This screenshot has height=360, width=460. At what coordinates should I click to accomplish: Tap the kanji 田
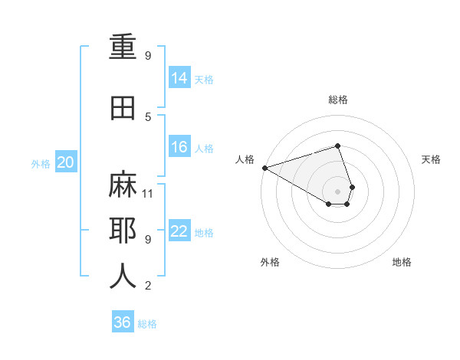point(123,109)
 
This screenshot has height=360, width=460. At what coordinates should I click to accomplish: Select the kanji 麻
point(123,185)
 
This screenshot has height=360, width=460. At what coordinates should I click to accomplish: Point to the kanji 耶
point(123,231)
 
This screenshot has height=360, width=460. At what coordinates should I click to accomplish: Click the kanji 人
point(123,276)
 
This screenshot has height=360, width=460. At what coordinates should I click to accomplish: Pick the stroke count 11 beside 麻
point(149,193)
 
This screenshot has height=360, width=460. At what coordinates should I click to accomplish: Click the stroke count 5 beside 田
point(148,116)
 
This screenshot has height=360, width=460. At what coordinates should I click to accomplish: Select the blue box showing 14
point(179,78)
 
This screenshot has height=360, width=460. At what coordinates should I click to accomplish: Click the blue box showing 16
point(179,147)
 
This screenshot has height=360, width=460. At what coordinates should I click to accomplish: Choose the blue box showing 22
point(179,231)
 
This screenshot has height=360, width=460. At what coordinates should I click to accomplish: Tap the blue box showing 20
point(66,162)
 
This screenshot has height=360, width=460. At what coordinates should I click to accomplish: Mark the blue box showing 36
point(123,322)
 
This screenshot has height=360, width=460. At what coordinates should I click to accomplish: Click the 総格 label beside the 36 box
point(147,324)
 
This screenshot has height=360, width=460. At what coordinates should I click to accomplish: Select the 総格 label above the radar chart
point(338,100)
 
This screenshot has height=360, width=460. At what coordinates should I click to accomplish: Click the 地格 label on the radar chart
point(402,262)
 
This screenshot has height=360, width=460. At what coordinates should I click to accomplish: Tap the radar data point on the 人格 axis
point(264,168)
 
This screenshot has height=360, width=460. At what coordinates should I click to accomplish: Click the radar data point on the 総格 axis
point(337,146)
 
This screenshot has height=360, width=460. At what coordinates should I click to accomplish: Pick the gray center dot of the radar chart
point(337,191)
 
